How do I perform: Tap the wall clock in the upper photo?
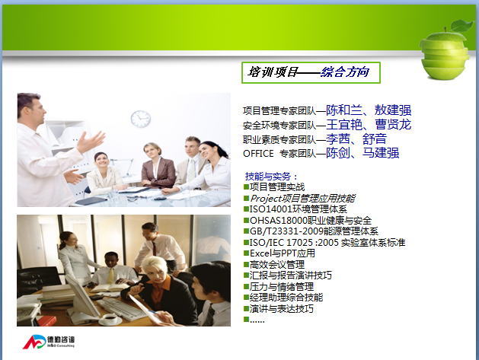pyautogui.click(x=141, y=119)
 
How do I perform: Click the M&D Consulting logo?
pyautogui.click(x=49, y=342)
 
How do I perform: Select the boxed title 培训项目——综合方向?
pyautogui.click(x=311, y=72)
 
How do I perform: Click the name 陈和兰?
pyautogui.click(x=344, y=110)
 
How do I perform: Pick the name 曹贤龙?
pyautogui.click(x=393, y=125)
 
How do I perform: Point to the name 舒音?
pyautogui.click(x=375, y=139)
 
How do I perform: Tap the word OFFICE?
pyautogui.click(x=258, y=153)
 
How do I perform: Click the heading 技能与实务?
pyautogui.click(x=268, y=176)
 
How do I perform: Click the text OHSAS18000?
pyautogui.click(x=278, y=221)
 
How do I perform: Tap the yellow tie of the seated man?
pyautogui.click(x=111, y=276)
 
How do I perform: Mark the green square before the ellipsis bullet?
pyautogui.click(x=246, y=320)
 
